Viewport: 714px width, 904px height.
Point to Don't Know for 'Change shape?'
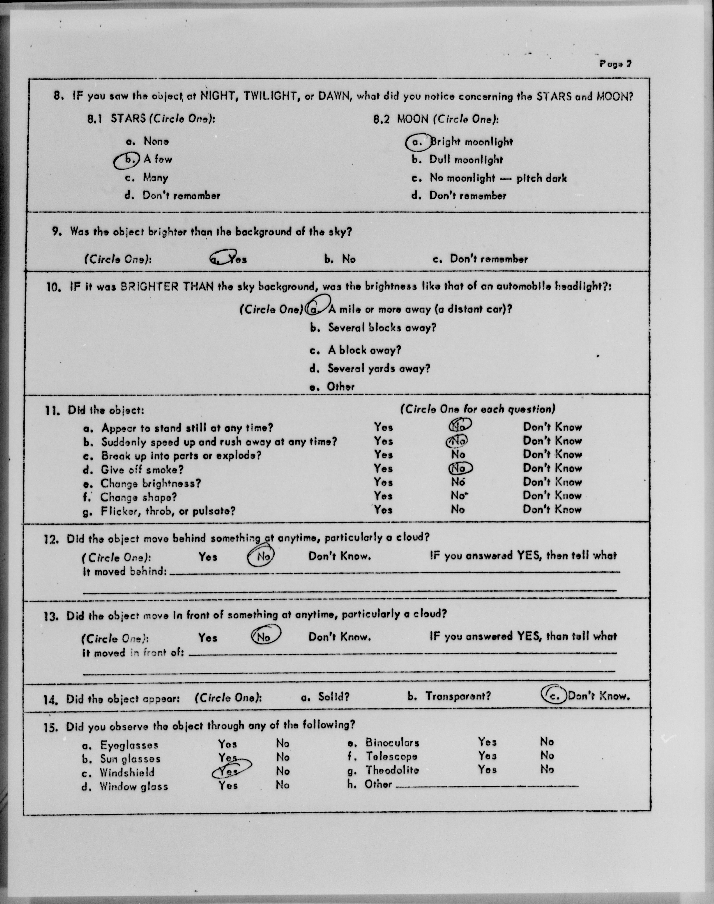pyautogui.click(x=552, y=496)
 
